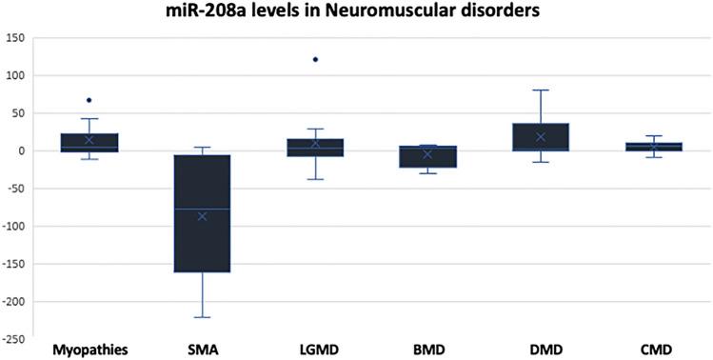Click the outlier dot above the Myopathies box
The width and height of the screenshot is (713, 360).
[x=89, y=100]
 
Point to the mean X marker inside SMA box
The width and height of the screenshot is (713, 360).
[x=202, y=216]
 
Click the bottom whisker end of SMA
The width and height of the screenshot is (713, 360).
[x=202, y=317]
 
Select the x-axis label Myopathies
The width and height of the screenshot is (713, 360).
[x=89, y=350]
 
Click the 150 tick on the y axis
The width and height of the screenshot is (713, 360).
[x=15, y=38]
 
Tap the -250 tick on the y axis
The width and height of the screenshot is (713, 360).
[x=13, y=338]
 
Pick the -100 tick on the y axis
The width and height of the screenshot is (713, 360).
[x=13, y=226]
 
